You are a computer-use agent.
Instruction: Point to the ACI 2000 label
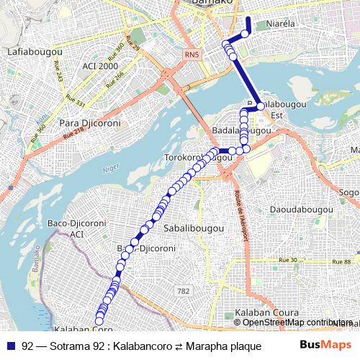(99, 66)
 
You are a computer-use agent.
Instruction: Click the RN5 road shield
(191, 54)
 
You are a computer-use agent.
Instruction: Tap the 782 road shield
(184, 290)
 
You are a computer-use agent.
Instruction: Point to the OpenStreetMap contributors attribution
(296, 323)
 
